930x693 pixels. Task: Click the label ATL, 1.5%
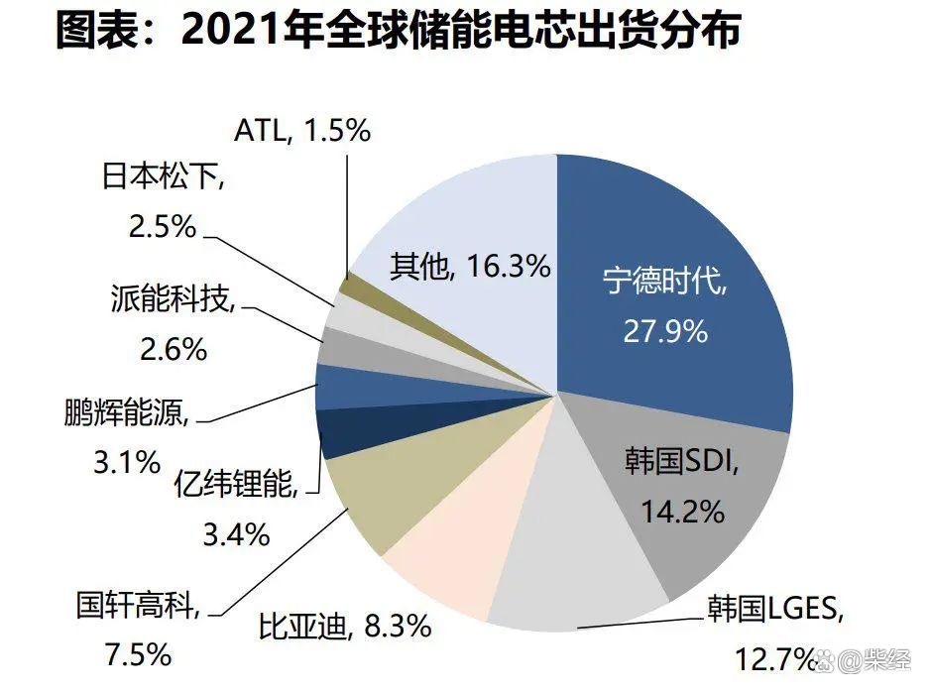coord(301,130)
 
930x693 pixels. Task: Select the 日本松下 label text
coord(165,178)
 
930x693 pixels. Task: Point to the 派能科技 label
coord(174,297)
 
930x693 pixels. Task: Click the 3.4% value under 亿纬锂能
coord(236,535)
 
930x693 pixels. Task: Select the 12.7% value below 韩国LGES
coord(773,655)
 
